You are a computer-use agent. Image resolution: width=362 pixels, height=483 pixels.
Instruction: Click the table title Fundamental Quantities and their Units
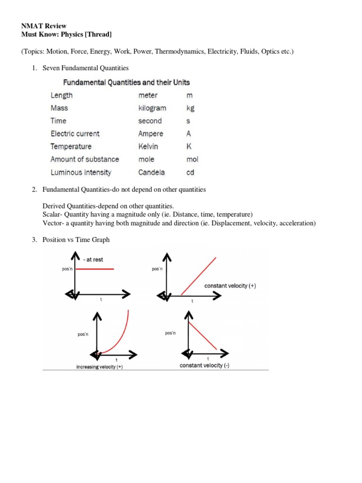tap(127, 82)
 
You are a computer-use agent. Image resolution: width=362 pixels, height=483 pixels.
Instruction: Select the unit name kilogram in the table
tap(152, 108)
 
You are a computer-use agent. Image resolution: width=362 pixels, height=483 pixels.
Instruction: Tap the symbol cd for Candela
tap(190, 172)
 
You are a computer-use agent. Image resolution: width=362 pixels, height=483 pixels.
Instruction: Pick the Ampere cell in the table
tap(150, 133)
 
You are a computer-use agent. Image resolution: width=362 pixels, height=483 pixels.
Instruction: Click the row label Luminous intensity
tap(81, 172)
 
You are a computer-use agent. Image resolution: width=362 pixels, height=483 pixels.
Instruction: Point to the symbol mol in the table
tap(192, 159)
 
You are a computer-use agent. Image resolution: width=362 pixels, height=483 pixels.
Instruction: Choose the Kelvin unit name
tap(148, 146)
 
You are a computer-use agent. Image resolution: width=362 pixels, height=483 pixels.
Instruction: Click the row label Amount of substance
tap(84, 159)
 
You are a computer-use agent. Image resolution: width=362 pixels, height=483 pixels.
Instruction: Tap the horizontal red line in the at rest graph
tap(95, 269)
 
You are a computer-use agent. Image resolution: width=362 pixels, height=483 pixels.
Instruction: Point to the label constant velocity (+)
tap(230, 286)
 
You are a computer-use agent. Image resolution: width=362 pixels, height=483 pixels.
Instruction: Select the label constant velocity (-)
tap(205, 366)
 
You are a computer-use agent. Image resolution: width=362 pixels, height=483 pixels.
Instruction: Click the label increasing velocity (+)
tap(99, 366)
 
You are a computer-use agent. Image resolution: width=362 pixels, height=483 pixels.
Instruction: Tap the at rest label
tap(93, 259)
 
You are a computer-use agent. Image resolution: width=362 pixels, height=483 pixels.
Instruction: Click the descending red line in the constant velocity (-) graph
tap(203, 336)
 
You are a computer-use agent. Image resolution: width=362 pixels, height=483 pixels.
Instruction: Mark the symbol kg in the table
tap(190, 108)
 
